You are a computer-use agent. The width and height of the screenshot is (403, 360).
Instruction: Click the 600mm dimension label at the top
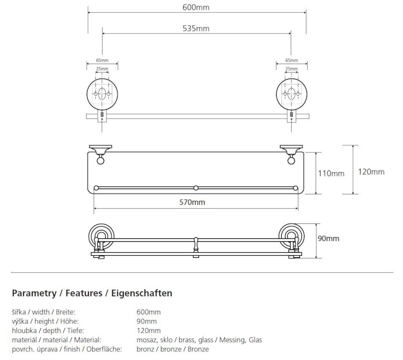coord(196,8)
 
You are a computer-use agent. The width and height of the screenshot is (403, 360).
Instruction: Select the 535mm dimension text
coord(196,29)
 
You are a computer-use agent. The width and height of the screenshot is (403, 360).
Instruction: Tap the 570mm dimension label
coord(192,202)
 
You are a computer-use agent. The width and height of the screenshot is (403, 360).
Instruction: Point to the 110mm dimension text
coord(331,173)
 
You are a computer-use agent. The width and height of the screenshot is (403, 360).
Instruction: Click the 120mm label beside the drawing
coord(371,172)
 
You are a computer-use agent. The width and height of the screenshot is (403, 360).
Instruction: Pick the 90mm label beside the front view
coord(328,239)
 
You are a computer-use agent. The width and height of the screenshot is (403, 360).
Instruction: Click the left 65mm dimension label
coord(102,60)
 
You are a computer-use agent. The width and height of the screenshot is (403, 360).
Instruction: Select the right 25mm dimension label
coord(292,69)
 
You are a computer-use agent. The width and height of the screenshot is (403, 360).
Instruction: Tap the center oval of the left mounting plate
coord(102,93)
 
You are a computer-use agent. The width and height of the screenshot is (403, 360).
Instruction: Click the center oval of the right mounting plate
coord(291,93)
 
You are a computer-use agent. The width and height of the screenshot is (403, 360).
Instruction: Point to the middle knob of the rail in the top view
coord(196,188)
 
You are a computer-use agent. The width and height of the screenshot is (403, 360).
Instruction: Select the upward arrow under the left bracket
coord(102,125)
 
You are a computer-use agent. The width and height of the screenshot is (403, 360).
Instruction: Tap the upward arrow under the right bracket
coord(291,125)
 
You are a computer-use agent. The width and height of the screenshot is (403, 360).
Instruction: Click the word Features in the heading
coord(84,293)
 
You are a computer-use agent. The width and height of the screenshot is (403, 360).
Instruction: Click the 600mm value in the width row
coord(148,312)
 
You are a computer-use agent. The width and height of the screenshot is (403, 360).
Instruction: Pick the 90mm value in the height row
coord(146,321)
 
